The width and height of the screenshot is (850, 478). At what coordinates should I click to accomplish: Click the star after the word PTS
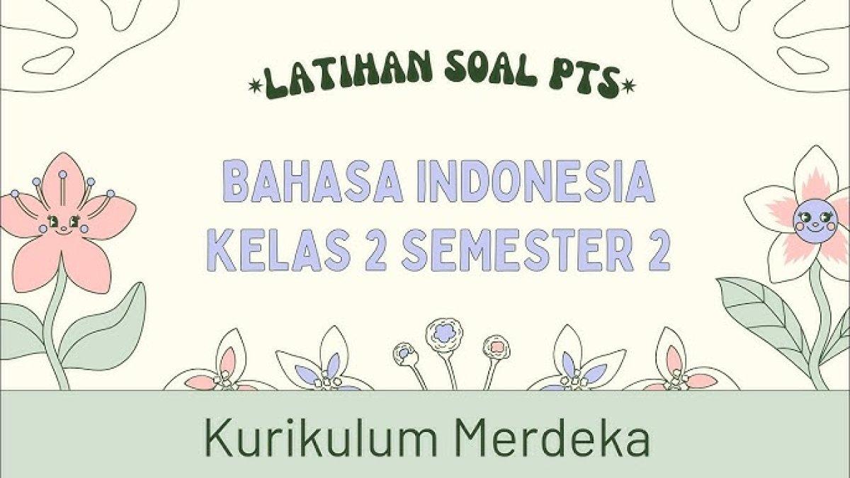627,86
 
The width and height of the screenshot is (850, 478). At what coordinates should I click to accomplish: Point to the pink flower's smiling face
64,222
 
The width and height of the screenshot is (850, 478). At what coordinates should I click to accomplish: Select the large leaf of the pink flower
106,326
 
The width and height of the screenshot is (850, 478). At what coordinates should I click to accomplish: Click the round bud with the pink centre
497,346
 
